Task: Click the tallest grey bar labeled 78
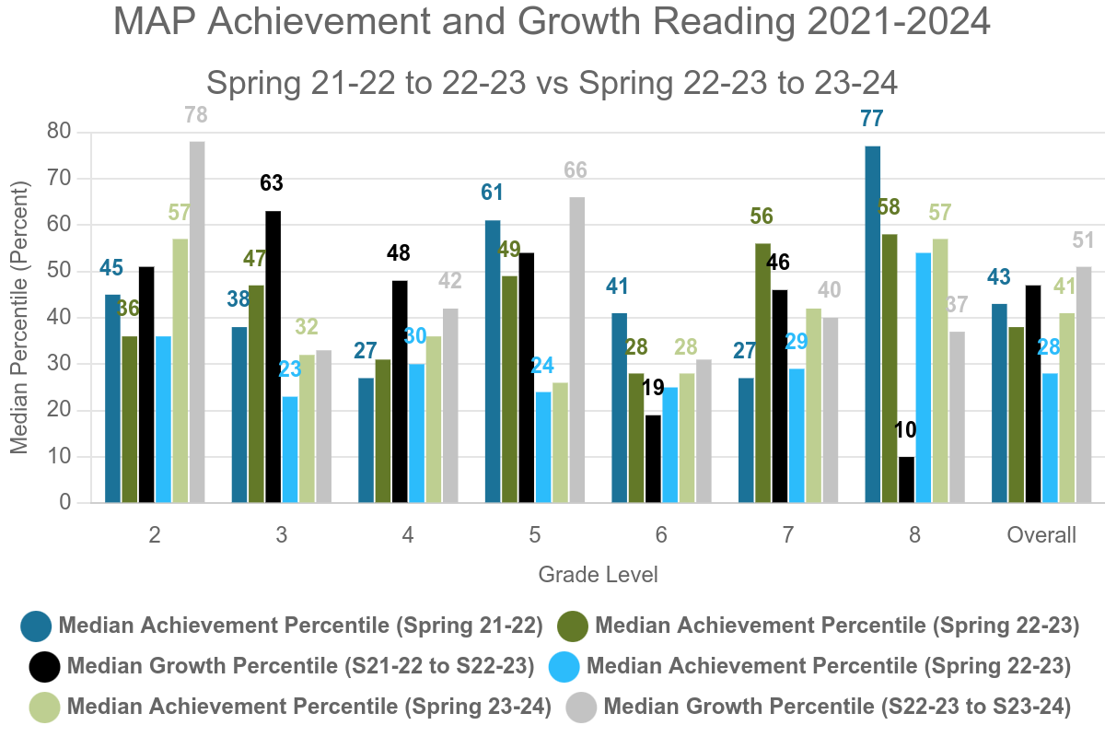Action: pyautogui.click(x=196, y=322)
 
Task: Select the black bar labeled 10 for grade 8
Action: pyautogui.click(x=906, y=480)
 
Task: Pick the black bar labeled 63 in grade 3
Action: pyautogui.click(x=273, y=357)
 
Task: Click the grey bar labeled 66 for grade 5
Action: pyautogui.click(x=576, y=350)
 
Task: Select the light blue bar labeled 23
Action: pyautogui.click(x=289, y=450)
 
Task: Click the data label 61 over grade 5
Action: pyautogui.click(x=493, y=193)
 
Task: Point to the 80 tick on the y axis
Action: pyautogui.click(x=59, y=132)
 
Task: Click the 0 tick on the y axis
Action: pyautogui.click(x=64, y=503)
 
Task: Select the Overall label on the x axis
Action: pyautogui.click(x=1041, y=535)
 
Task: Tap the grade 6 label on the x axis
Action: pyautogui.click(x=661, y=535)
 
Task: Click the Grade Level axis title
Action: pyautogui.click(x=598, y=575)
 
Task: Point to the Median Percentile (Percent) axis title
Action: pyautogui.click(x=19, y=318)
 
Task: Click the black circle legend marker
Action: pyautogui.click(x=43, y=666)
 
